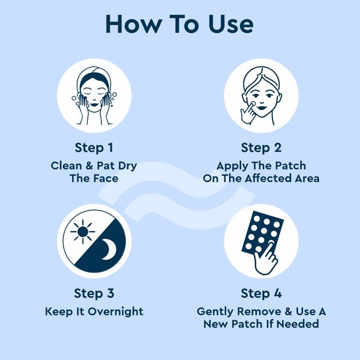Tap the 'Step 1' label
point(94,148)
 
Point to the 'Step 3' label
point(94,293)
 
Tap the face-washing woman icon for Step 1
point(94,96)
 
